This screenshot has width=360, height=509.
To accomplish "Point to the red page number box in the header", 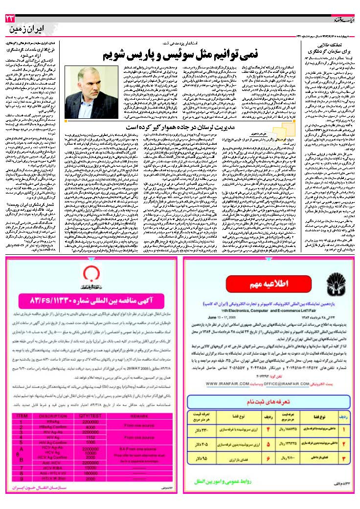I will coord(10,18).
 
